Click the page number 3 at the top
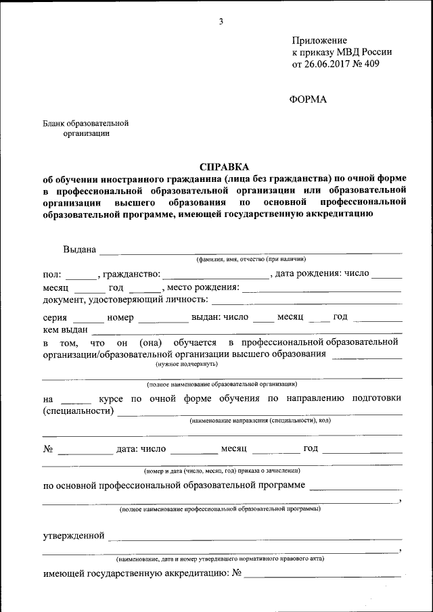point(221,22)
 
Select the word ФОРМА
point(308,99)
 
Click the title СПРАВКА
point(224,166)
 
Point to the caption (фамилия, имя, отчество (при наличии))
point(251,260)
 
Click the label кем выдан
point(66,329)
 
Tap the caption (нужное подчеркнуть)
point(186,364)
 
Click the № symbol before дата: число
point(48,448)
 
